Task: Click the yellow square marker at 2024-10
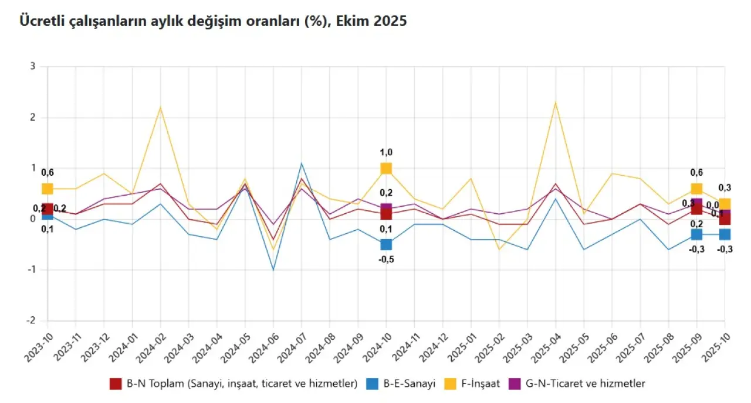tap(386, 169)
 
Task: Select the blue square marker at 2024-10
tap(386, 244)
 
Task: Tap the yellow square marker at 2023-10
tap(48, 189)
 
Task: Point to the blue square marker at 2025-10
tap(725, 234)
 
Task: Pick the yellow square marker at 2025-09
tap(696, 189)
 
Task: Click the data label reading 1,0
tap(386, 152)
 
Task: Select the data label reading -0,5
tap(386, 259)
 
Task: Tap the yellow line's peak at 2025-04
tap(555, 103)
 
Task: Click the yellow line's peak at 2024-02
tap(160, 108)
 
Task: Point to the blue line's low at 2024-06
tap(273, 270)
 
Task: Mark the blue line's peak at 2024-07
tap(302, 163)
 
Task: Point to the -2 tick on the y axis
tap(32, 321)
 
